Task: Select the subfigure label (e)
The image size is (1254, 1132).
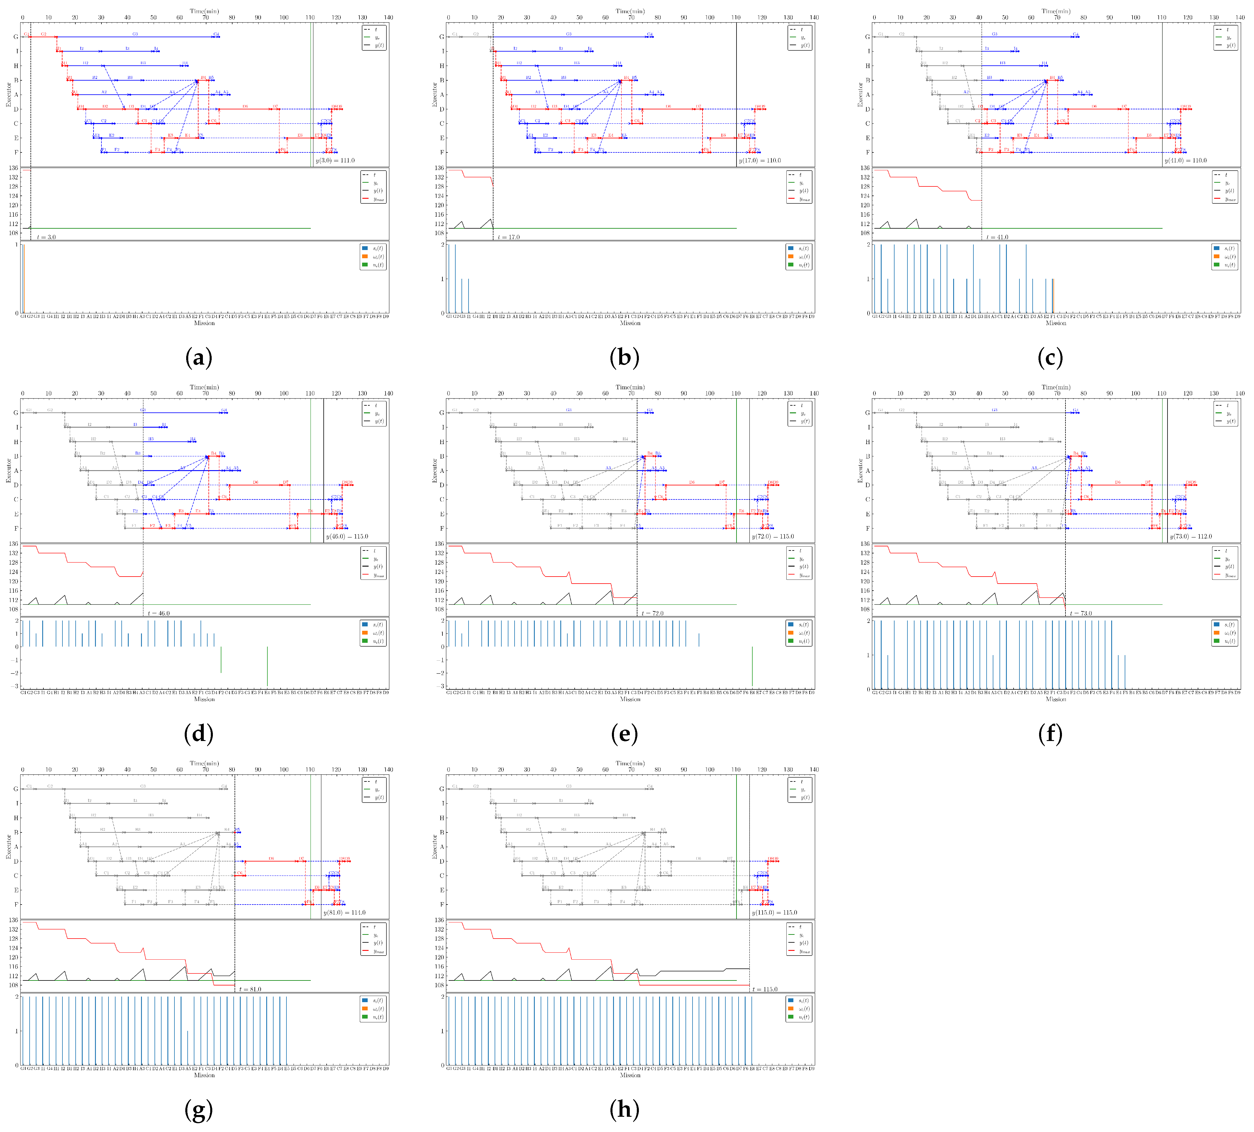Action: click(625, 734)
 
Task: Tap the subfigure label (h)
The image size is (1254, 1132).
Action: click(625, 1110)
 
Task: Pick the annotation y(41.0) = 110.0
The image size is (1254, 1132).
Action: click(1186, 160)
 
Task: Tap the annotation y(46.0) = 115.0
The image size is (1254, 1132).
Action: click(347, 536)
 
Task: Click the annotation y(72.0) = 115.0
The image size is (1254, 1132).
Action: click(773, 536)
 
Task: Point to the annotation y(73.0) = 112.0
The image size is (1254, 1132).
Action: click(1191, 536)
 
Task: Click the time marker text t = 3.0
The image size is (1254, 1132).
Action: click(47, 237)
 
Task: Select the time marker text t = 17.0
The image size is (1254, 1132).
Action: click(509, 237)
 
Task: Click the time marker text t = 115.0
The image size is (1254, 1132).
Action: click(765, 989)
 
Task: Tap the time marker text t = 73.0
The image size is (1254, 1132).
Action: click(1082, 613)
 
